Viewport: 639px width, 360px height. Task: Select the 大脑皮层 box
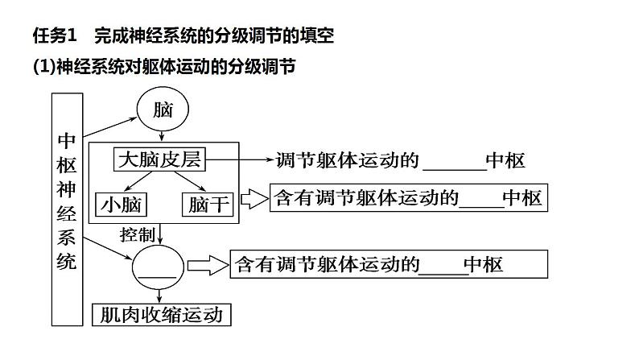[x=159, y=160]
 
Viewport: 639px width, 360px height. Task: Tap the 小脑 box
[x=121, y=204]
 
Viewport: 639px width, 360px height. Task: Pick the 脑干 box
[x=209, y=204]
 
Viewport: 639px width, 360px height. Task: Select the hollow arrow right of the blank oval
[x=208, y=264]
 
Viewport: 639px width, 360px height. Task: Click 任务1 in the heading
[x=53, y=35]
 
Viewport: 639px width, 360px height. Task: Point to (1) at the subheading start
[x=43, y=68]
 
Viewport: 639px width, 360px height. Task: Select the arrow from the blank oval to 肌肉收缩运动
[x=159, y=294]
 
